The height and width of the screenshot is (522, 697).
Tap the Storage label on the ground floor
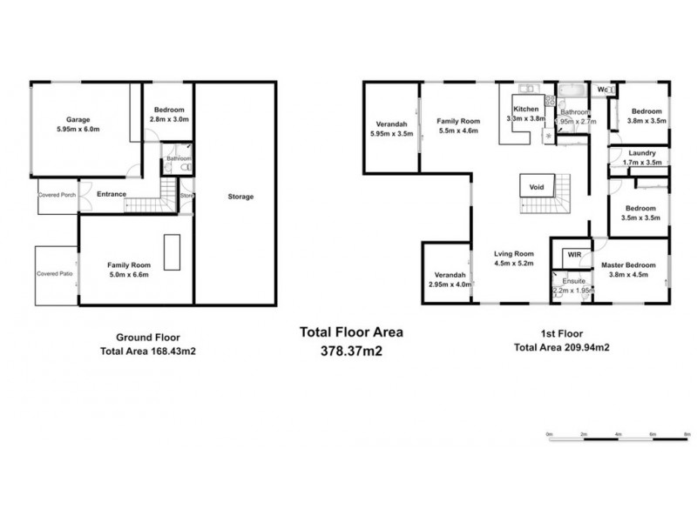240,197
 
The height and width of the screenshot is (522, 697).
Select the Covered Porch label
57,195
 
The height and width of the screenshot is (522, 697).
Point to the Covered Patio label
54,273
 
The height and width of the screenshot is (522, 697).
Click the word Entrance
112,194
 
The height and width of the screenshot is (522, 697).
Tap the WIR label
573,255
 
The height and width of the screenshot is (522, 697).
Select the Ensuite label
573,280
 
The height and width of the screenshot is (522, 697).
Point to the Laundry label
641,153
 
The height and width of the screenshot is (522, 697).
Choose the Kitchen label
526,109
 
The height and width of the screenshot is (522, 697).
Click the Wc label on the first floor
602,89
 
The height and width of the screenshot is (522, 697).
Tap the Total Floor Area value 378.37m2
352,351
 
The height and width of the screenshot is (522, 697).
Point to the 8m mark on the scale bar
687,433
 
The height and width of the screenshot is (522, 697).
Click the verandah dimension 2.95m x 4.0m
450,284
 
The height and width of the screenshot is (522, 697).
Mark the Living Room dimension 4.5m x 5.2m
513,263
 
